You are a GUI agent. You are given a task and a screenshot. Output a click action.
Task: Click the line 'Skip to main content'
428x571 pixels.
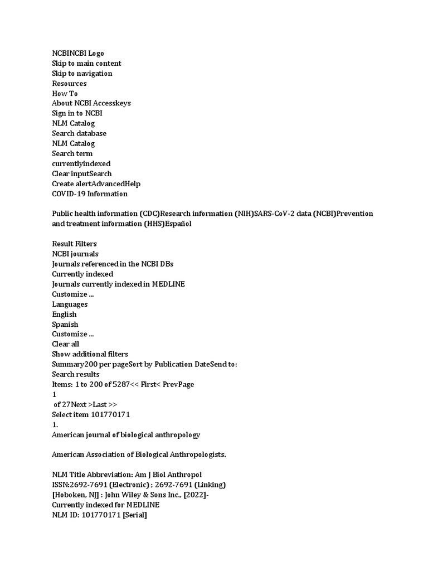pos(86,64)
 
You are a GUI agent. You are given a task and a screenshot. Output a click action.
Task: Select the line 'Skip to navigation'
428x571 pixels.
pos(82,74)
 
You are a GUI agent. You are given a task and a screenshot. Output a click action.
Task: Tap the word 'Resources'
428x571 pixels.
pos(69,84)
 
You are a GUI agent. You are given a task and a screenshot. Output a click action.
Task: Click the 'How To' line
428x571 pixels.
pos(65,94)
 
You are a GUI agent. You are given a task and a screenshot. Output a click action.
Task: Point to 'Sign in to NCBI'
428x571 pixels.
pos(77,114)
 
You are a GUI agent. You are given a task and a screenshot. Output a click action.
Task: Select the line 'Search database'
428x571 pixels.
pos(79,134)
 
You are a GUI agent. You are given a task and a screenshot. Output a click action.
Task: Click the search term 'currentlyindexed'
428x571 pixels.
pos(81,164)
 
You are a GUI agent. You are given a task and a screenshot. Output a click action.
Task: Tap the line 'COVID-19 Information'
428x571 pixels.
pos(90,194)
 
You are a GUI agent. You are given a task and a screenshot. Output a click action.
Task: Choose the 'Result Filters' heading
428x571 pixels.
pos(74,244)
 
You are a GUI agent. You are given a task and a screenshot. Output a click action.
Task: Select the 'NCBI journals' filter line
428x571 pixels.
pos(75,254)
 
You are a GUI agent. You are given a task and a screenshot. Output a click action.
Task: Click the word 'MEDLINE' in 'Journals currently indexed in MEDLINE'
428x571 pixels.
pos(168,284)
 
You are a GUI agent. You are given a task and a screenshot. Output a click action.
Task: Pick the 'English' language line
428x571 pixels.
pos(64,314)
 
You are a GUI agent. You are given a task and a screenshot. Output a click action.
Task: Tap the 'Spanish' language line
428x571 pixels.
pos(65,325)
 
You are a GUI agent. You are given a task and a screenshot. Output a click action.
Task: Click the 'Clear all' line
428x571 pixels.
pos(66,345)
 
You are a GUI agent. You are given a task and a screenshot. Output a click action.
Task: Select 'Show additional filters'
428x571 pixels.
pos(90,355)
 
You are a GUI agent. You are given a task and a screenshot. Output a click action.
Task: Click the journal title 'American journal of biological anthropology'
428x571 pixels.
pos(126,435)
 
